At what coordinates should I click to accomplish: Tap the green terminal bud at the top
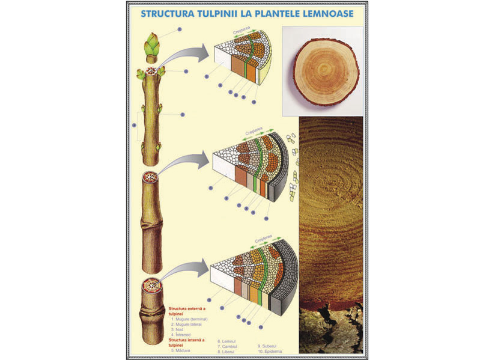tap(152, 45)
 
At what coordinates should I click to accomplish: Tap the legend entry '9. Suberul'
tap(269, 346)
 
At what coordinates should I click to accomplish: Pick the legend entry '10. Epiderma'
tap(270, 352)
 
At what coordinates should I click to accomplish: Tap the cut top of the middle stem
tap(150, 178)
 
